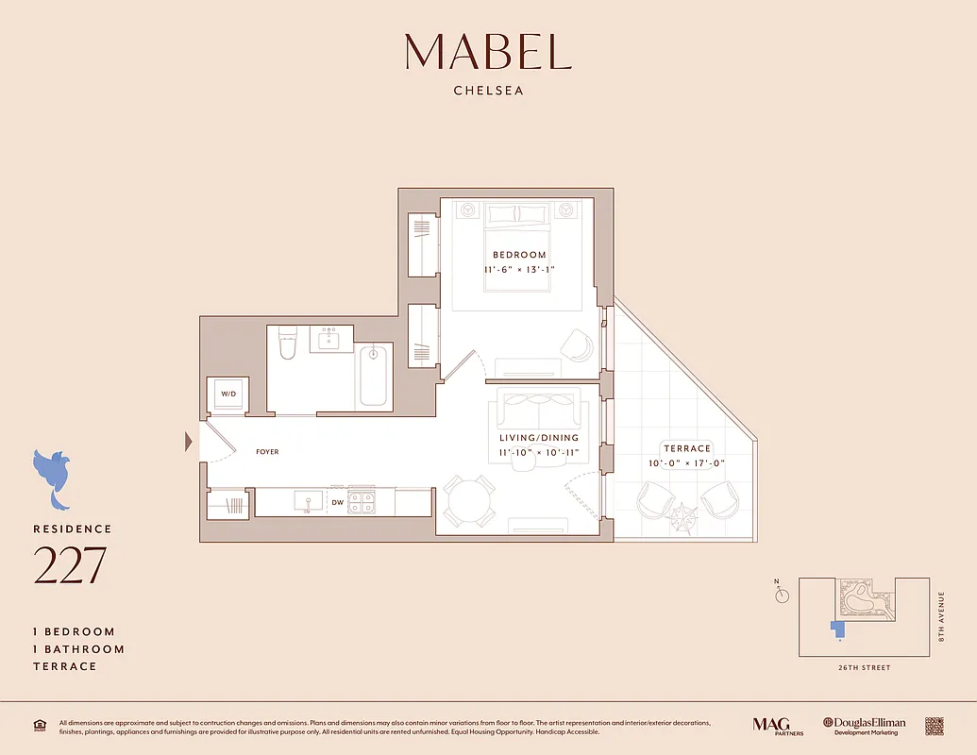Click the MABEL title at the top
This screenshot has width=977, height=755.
[488, 52]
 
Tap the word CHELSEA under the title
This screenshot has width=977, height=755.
[488, 92]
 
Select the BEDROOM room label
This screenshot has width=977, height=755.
[519, 255]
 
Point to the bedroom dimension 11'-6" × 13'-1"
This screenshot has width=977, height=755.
[519, 270]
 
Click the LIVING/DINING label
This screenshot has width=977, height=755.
[539, 438]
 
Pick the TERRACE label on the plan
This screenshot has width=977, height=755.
[686, 449]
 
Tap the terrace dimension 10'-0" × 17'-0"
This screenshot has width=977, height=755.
[686, 463]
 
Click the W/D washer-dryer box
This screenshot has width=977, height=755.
[228, 394]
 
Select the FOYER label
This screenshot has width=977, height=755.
[267, 452]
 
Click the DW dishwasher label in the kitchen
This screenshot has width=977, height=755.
[337, 502]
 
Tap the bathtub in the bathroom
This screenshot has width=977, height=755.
[373, 376]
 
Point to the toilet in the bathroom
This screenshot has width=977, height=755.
[289, 345]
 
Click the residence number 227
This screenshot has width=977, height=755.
[70, 565]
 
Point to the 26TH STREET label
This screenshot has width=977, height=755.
[863, 667]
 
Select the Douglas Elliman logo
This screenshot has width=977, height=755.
[864, 725]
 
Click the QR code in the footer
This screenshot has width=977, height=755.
[934, 726]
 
